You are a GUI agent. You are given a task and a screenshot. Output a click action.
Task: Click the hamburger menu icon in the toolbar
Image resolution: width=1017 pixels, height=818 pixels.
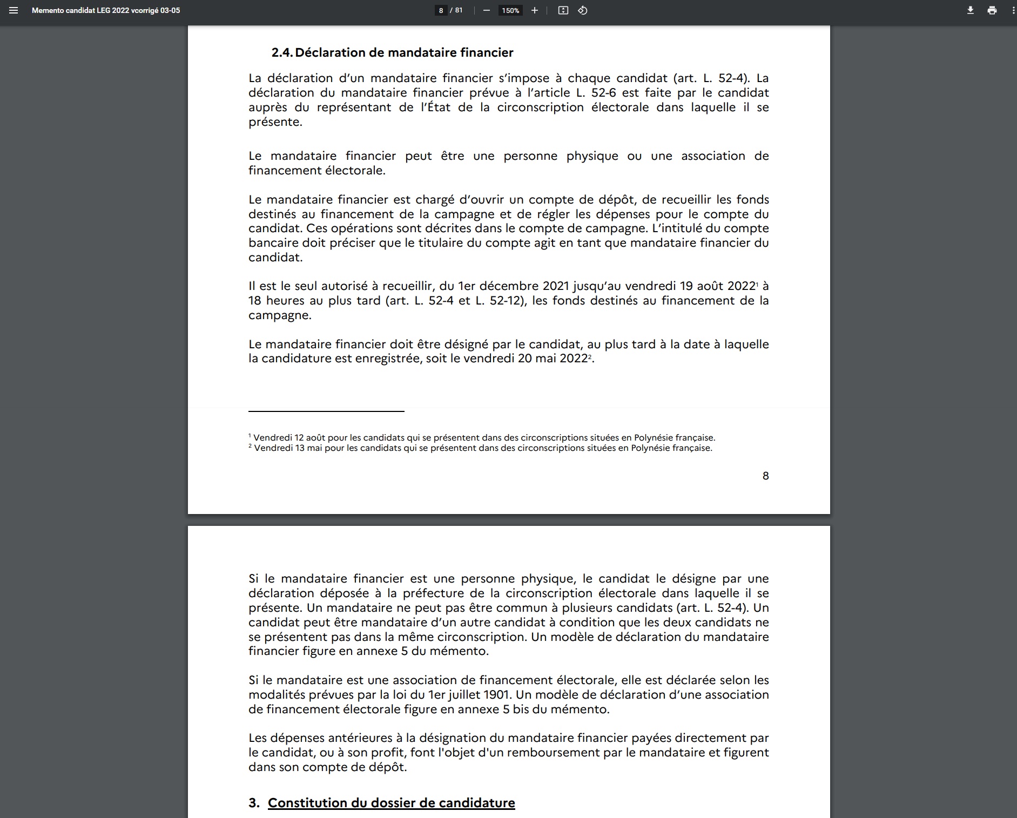click(14, 10)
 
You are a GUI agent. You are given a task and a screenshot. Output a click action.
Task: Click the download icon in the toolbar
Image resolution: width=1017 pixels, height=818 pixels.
click(970, 10)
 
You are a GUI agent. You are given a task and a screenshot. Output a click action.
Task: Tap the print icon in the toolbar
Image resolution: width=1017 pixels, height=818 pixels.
click(992, 10)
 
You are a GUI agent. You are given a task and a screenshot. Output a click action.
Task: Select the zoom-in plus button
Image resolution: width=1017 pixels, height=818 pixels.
click(534, 10)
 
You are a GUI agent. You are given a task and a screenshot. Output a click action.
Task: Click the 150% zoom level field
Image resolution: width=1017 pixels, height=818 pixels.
click(510, 10)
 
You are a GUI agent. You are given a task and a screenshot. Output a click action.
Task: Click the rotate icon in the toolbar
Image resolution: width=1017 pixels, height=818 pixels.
click(582, 10)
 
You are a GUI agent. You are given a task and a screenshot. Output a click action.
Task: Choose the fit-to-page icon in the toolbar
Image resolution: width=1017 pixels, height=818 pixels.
click(563, 10)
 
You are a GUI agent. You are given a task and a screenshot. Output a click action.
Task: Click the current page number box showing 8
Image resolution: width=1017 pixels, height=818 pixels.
click(441, 10)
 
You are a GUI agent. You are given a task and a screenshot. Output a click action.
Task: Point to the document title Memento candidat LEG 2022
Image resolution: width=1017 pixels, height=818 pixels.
click(106, 10)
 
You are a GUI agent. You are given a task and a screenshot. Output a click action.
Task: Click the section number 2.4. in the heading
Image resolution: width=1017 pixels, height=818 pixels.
click(282, 52)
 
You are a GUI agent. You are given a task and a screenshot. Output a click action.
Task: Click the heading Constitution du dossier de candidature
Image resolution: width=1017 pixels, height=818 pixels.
click(391, 803)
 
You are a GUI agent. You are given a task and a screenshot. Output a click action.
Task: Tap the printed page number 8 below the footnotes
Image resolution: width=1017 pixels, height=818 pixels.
click(765, 476)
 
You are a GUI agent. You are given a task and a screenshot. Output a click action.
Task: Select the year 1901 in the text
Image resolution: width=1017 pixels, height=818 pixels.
click(497, 694)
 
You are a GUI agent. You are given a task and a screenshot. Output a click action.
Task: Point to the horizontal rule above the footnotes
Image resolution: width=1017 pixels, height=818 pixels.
click(326, 411)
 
